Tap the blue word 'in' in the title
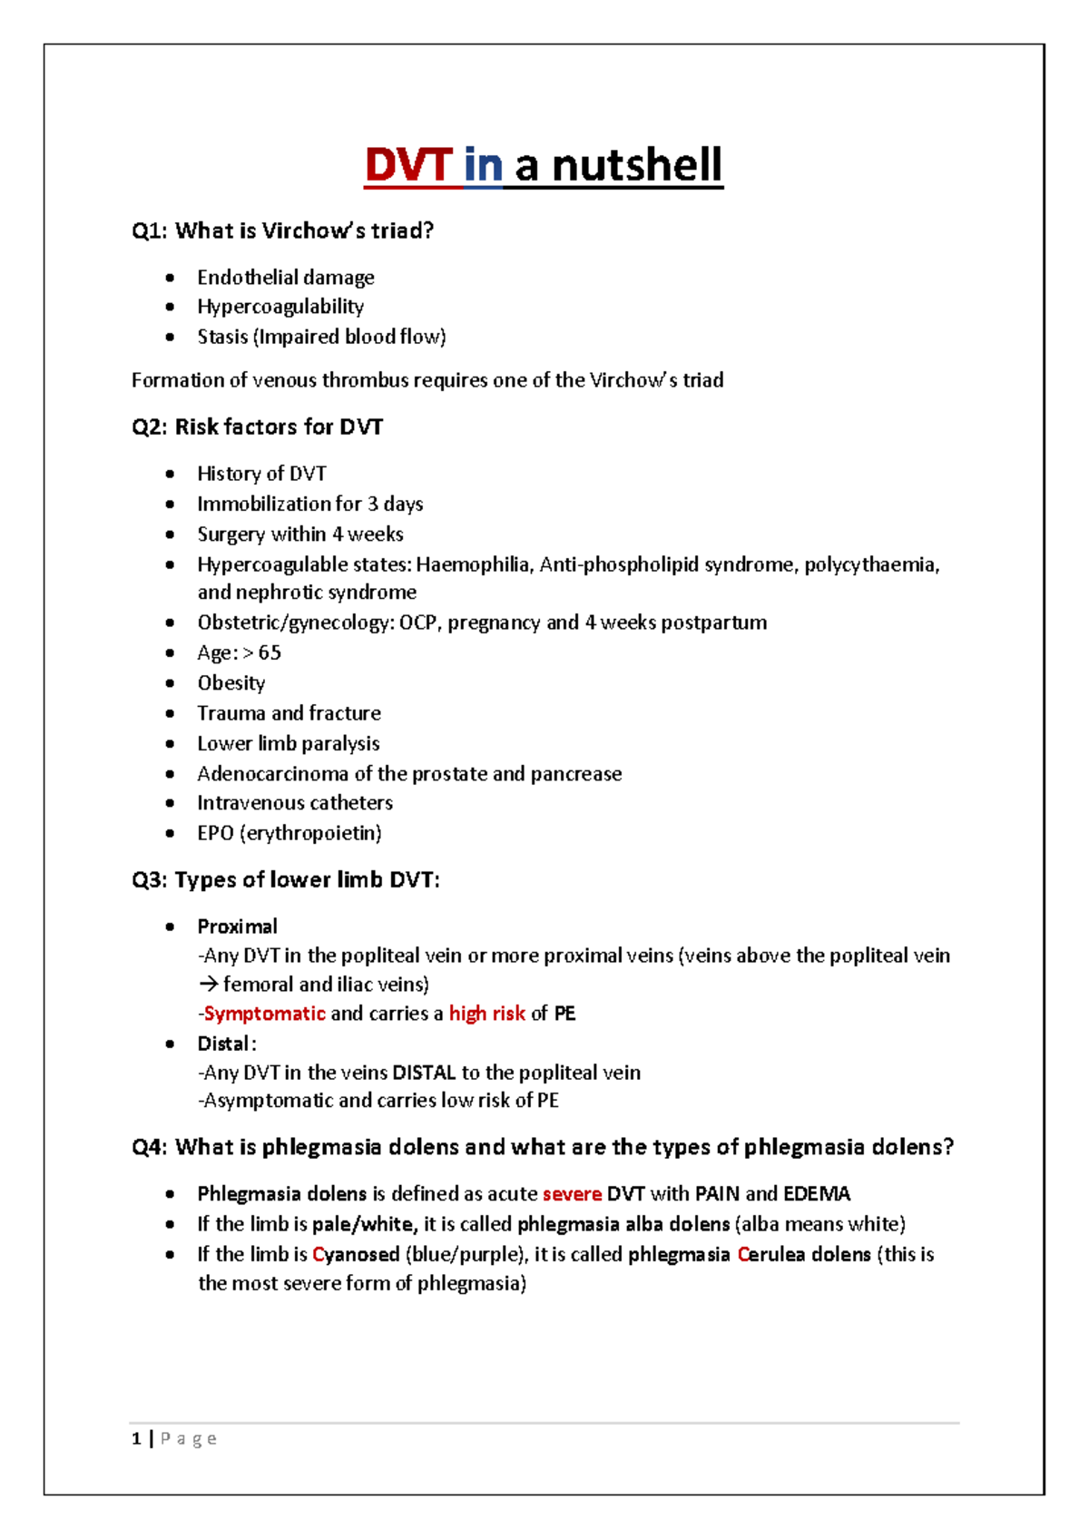pyautogui.click(x=483, y=166)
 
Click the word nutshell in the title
pyautogui.click(x=636, y=166)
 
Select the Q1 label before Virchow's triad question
pyautogui.click(x=149, y=231)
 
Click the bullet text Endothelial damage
pyautogui.click(x=285, y=278)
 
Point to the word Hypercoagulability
pyautogui.click(x=280, y=307)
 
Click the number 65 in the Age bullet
pyautogui.click(x=270, y=653)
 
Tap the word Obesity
pyautogui.click(x=231, y=683)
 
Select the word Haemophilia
pyautogui.click(x=473, y=565)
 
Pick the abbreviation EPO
pyautogui.click(x=215, y=833)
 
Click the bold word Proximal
pyautogui.click(x=237, y=926)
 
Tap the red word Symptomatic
pyautogui.click(x=264, y=1014)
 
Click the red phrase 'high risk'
pyautogui.click(x=486, y=1014)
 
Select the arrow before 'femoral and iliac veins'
pyautogui.click(x=208, y=985)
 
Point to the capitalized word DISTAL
pyautogui.click(x=424, y=1073)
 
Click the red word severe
pyautogui.click(x=572, y=1194)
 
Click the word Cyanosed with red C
pyautogui.click(x=356, y=1255)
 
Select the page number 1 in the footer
pyautogui.click(x=136, y=1438)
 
